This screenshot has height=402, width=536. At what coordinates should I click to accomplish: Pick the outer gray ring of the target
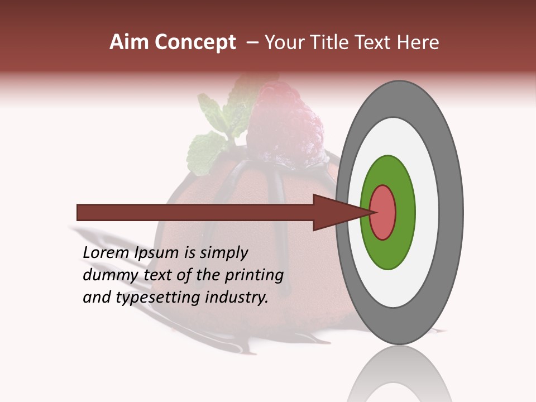453,212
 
